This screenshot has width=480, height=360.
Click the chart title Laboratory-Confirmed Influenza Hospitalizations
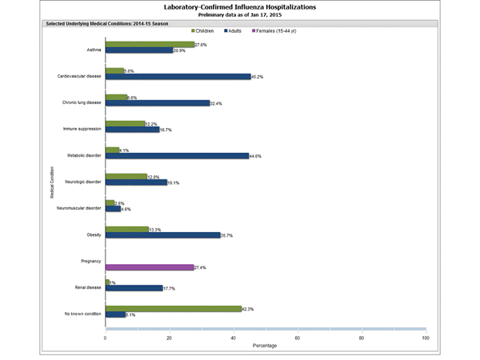coord(239,6)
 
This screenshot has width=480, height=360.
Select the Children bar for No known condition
coord(173,308)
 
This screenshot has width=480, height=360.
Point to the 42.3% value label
coord(249,308)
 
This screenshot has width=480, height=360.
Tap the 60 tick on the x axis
coord(298,338)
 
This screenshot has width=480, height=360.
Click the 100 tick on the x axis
coord(425,338)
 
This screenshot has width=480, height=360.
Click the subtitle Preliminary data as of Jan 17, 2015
coord(239,14)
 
